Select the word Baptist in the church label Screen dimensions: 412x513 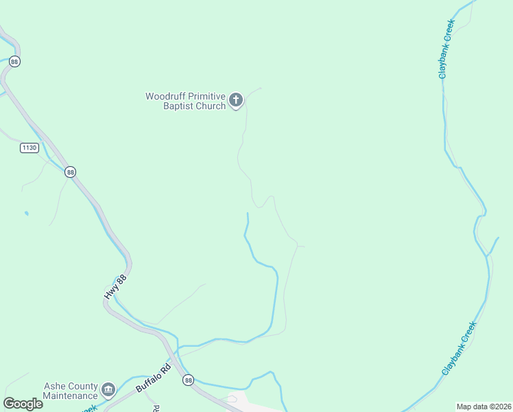tap(180, 106)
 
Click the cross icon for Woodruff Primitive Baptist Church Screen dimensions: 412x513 tap(235, 100)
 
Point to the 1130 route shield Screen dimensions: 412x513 tap(29, 148)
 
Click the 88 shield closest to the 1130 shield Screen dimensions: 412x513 tap(70, 172)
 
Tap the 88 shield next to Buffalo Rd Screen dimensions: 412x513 tap(189, 380)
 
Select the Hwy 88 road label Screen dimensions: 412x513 tap(115, 286)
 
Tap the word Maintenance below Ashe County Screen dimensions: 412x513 tap(70, 396)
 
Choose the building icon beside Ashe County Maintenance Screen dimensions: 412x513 tap(108, 391)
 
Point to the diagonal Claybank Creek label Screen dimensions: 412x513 tap(458, 347)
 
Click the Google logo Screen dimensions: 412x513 tap(23, 404)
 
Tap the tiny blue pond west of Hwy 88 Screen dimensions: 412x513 tap(26, 214)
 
